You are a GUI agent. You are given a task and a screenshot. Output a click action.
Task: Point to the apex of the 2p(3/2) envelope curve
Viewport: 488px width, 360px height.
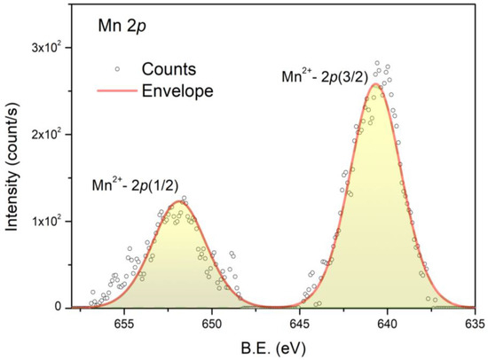[376, 85]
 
